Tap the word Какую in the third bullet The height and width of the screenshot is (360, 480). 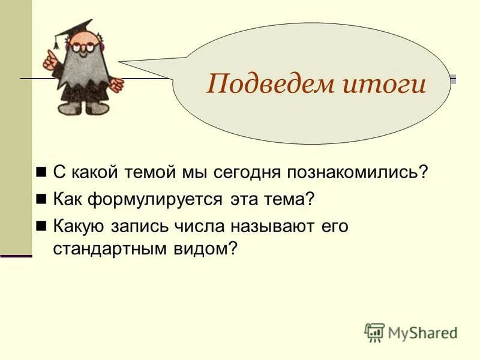pos(80,226)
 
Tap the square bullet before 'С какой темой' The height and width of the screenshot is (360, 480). pos(41,172)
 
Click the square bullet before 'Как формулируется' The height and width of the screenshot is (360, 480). pos(41,199)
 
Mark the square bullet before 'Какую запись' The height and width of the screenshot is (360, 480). pos(41,226)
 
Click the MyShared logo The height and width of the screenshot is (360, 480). pos(411,332)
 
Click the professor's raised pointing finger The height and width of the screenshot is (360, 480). pos(48,57)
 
